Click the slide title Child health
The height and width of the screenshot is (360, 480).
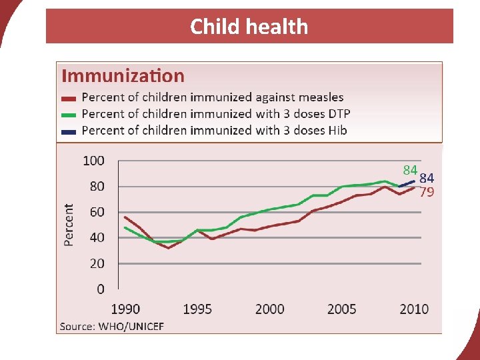click(x=249, y=27)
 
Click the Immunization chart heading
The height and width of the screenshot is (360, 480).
click(x=123, y=76)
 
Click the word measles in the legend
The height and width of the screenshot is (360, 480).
click(x=319, y=98)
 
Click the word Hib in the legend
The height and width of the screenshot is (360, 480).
click(x=336, y=131)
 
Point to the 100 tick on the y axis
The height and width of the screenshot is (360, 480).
click(x=93, y=161)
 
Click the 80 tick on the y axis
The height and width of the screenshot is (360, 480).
click(x=97, y=187)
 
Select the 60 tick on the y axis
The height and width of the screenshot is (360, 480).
click(x=97, y=212)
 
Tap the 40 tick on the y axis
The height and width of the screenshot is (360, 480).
click(x=97, y=238)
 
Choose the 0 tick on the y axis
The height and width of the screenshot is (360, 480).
click(x=101, y=289)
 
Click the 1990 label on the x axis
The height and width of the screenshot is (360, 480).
click(x=125, y=309)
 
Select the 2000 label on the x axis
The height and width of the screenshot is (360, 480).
click(x=270, y=309)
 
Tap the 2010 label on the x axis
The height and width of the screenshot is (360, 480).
click(x=413, y=309)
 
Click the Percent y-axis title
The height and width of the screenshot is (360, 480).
click(x=69, y=225)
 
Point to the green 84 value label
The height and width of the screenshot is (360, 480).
click(x=410, y=169)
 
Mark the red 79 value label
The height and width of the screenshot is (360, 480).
click(x=427, y=193)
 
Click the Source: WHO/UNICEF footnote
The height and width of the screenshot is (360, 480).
click(x=112, y=326)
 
